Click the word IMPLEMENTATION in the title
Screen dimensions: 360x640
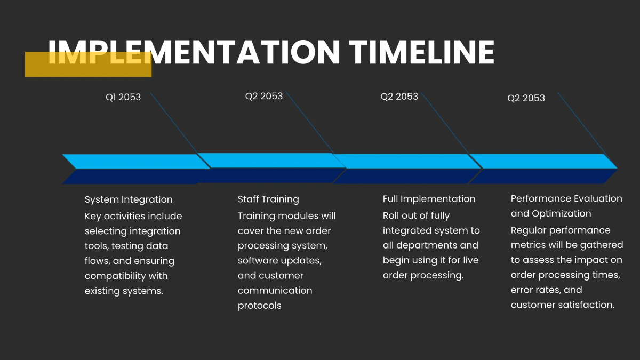[194, 52]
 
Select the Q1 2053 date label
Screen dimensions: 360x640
[123, 97]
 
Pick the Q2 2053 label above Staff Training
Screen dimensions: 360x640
[264, 96]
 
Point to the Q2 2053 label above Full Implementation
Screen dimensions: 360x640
[399, 97]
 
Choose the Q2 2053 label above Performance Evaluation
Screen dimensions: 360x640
[526, 98]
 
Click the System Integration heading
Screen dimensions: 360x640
[129, 199]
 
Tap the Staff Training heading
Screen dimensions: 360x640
[268, 199]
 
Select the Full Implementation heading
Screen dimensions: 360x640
[429, 199]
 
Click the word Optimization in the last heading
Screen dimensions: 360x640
[561, 213]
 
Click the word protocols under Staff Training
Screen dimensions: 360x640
[259, 306]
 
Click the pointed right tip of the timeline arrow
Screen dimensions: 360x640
[615, 168]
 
